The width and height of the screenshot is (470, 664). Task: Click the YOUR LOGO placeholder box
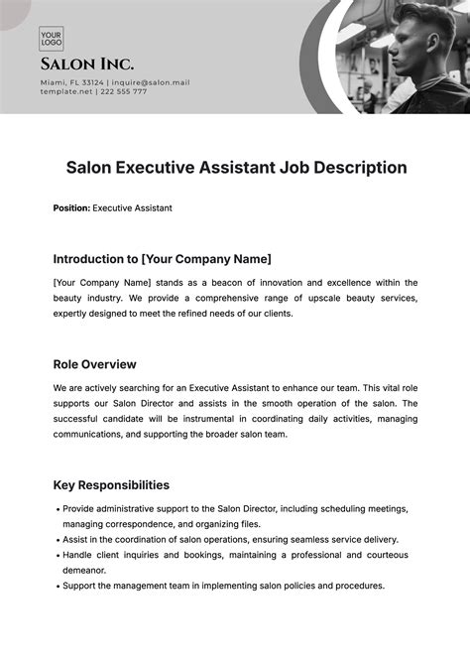click(x=52, y=38)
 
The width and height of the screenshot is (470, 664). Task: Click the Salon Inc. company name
click(x=87, y=65)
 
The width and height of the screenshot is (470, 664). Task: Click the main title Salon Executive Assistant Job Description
click(x=237, y=168)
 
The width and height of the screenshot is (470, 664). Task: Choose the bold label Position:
click(x=70, y=208)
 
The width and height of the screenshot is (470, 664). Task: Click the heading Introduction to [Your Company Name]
click(x=162, y=259)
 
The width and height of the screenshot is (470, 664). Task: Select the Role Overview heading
click(x=94, y=364)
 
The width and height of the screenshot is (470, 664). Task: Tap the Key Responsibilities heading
click(x=111, y=485)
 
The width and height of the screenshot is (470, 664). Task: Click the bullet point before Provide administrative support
click(x=57, y=509)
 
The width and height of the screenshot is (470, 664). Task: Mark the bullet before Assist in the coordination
click(x=57, y=540)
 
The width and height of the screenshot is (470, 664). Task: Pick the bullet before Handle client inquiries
click(x=57, y=556)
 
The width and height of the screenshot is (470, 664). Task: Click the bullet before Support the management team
click(x=57, y=587)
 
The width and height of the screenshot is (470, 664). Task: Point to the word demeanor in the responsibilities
click(x=85, y=571)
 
